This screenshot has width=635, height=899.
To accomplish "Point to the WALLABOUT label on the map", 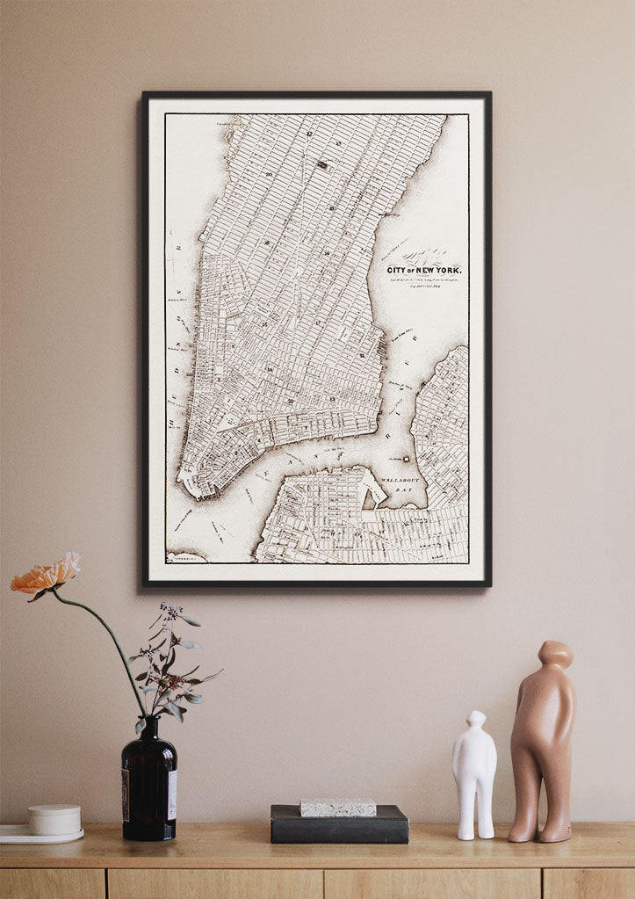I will [x=403, y=482].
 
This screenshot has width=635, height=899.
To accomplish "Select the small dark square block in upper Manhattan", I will [x=322, y=163].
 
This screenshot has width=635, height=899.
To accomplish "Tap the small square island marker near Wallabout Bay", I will [x=407, y=458].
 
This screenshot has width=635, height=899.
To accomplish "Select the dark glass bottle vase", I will [x=149, y=782].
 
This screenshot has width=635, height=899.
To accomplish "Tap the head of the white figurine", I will [x=475, y=720].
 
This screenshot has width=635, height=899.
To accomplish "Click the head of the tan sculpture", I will [x=555, y=655].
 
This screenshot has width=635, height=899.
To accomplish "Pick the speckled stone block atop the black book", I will [x=338, y=807].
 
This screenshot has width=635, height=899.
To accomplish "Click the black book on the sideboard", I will [x=339, y=827].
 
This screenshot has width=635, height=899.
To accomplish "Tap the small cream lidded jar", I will [x=54, y=819].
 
